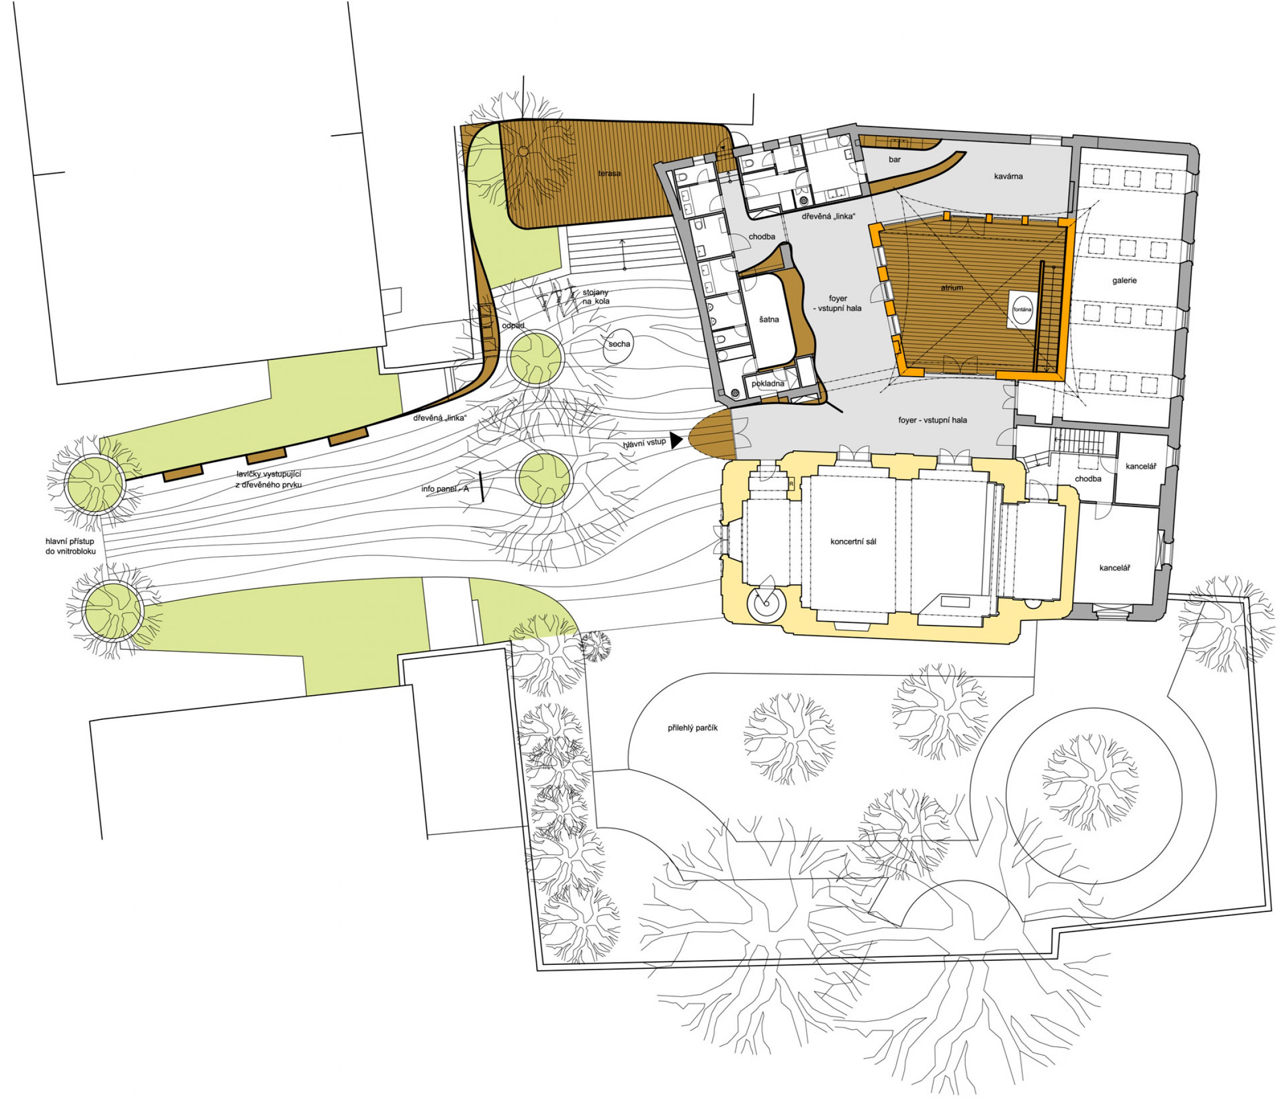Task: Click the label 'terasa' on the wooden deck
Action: click(x=609, y=174)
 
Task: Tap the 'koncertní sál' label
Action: click(x=854, y=542)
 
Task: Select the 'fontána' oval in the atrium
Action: click(x=1022, y=309)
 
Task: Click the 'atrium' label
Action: click(x=952, y=287)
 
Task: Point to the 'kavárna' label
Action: click(x=1008, y=177)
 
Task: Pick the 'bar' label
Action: click(x=894, y=159)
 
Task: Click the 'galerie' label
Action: click(x=1125, y=281)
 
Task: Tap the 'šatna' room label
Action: click(x=769, y=320)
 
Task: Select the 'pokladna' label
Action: click(x=768, y=384)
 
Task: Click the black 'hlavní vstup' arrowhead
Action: click(x=675, y=440)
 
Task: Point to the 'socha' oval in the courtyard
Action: click(x=618, y=347)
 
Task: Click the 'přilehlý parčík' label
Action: click(x=693, y=729)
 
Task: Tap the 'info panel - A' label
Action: click(x=445, y=489)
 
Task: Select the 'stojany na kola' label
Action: click(x=596, y=297)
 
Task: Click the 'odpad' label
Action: click(x=513, y=325)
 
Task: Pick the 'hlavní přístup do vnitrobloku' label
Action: click(x=70, y=546)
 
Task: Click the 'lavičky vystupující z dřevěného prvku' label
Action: click(x=269, y=479)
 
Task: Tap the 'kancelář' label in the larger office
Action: click(x=1114, y=568)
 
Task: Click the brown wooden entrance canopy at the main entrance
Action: click(x=712, y=434)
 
